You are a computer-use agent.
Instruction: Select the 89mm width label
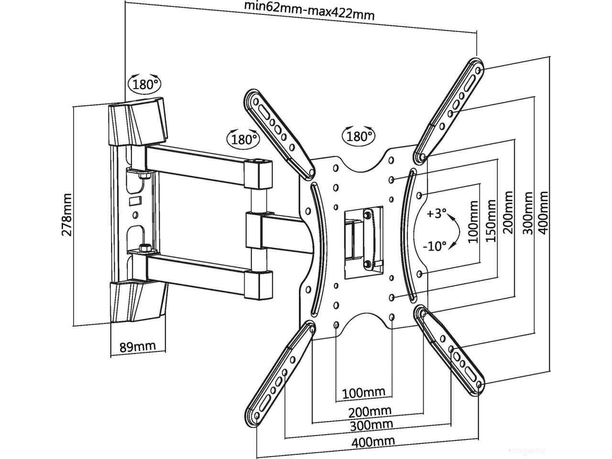point(137,346)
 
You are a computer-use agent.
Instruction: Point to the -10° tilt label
point(435,246)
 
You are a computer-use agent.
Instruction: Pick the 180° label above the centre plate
point(359,136)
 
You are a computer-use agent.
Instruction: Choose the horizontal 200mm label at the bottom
point(370,410)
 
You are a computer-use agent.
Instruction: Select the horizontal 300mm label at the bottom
point(372,424)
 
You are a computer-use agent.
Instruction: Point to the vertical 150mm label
point(491,221)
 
